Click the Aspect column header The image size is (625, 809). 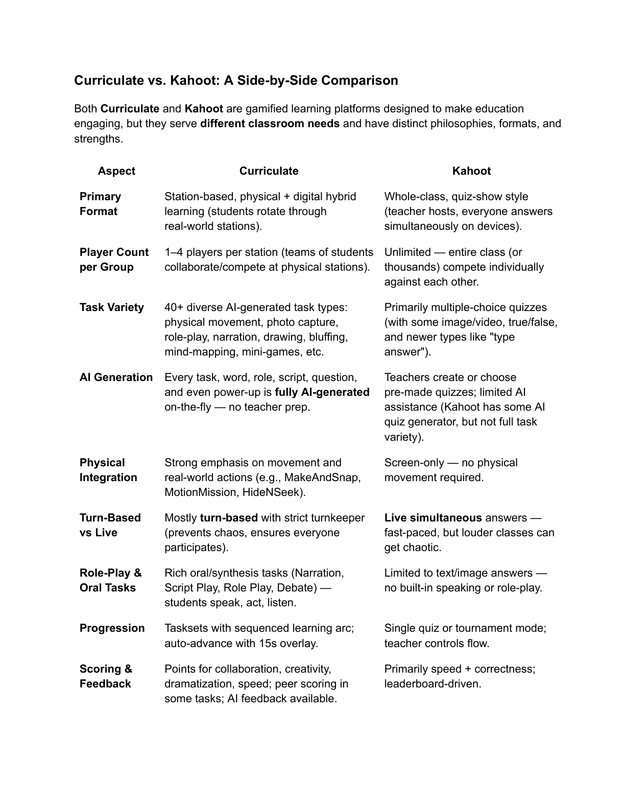[116, 171]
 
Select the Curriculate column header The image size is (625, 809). [269, 171]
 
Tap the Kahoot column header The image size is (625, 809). [471, 171]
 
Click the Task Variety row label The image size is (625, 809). [111, 307]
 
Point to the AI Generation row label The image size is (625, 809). [116, 377]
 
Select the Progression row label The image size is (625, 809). [112, 628]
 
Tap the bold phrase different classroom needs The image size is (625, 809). [270, 124]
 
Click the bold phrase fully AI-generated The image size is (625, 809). [322, 392]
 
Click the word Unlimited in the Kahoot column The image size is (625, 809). [407, 252]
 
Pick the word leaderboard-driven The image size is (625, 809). [431, 684]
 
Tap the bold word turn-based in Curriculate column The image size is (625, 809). [229, 518]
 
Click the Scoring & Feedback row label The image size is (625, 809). [105, 676]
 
